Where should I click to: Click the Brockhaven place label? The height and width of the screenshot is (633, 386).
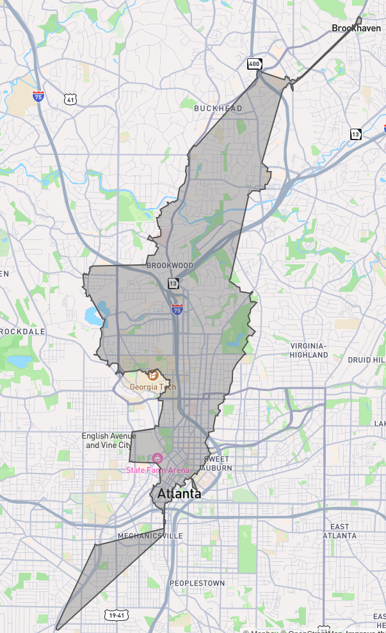(356, 28)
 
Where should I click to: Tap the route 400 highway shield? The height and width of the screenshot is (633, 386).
(255, 63)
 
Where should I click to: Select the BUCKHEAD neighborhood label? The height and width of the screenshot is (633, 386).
(218, 109)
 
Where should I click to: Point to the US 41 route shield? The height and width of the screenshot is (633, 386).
(70, 99)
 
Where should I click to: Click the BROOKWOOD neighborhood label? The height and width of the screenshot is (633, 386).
(170, 266)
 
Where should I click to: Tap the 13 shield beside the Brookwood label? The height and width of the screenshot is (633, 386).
(173, 283)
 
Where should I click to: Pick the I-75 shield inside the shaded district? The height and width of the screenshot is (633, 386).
(177, 308)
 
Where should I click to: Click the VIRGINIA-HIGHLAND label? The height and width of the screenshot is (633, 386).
(309, 350)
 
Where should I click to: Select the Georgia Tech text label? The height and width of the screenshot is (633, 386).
(152, 387)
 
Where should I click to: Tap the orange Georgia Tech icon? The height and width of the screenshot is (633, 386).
(153, 375)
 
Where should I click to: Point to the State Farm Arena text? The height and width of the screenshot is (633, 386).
(157, 470)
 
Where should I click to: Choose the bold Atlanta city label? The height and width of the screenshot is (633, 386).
(179, 493)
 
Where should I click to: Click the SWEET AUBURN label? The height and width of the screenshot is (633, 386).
(218, 464)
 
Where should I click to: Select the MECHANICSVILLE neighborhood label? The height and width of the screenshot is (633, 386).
(150, 536)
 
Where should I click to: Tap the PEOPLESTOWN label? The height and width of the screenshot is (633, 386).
(197, 583)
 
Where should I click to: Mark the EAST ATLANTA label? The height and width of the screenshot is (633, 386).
(339, 531)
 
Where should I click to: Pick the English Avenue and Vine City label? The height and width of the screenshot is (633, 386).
(109, 440)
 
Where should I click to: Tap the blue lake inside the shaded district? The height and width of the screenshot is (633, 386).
(93, 315)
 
